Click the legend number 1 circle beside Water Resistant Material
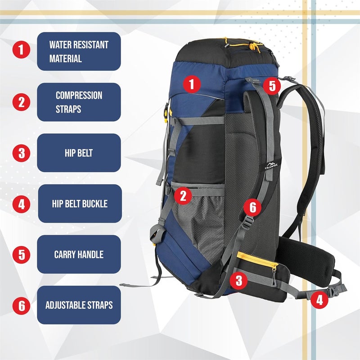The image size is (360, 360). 21,50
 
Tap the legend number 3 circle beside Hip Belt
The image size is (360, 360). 21,153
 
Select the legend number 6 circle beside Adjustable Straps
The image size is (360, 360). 21,305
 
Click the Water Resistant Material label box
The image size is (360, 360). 79,51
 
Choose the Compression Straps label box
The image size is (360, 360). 79,102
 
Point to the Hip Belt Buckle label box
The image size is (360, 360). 79,204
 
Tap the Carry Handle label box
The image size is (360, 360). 79,254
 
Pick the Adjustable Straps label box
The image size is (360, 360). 79,305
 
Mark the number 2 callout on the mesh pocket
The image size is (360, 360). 183,195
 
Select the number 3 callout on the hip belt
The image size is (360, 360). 238,281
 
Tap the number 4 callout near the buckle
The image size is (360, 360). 319,300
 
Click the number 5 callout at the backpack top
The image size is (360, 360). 271,86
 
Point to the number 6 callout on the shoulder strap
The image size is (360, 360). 252,207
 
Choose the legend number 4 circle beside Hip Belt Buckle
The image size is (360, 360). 21,204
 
